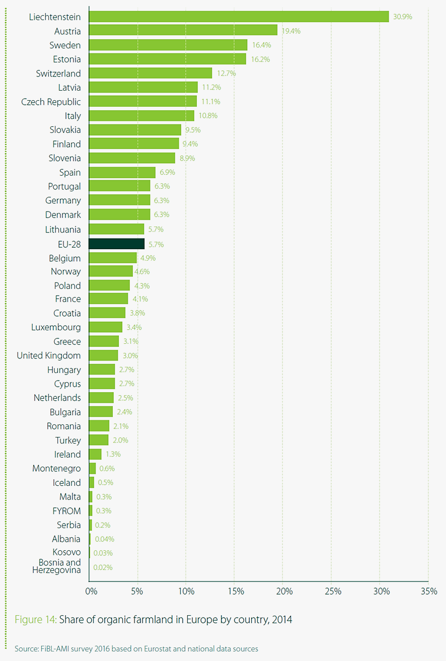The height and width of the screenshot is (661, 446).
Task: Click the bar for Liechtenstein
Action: tap(239, 17)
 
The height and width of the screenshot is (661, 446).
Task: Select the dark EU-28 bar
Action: tap(116, 244)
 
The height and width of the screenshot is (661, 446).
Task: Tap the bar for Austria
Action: tap(183, 31)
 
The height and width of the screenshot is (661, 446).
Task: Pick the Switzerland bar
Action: tap(150, 73)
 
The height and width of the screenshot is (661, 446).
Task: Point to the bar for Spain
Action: tap(122, 173)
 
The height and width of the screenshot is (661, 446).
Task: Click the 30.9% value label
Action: tap(403, 17)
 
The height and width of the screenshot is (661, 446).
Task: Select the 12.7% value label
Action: tap(226, 73)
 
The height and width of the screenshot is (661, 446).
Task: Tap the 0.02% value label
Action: tap(103, 567)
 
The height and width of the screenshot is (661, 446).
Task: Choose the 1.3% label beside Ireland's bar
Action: tap(113, 454)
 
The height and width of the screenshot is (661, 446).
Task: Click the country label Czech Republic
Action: tap(51, 102)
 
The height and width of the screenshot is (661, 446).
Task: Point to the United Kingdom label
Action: tap(49, 355)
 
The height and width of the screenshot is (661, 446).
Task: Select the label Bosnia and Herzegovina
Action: tap(56, 566)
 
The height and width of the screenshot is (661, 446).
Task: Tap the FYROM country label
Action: tap(67, 510)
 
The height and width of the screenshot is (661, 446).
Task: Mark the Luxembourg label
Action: tap(56, 327)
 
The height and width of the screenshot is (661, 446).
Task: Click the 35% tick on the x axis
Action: tap(429, 591)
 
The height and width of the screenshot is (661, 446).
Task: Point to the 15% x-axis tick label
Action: tap(235, 591)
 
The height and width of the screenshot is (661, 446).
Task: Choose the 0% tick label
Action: tap(91, 591)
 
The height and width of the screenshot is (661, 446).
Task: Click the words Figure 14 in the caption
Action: tap(35, 620)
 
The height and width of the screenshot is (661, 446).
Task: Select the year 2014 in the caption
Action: tap(281, 620)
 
